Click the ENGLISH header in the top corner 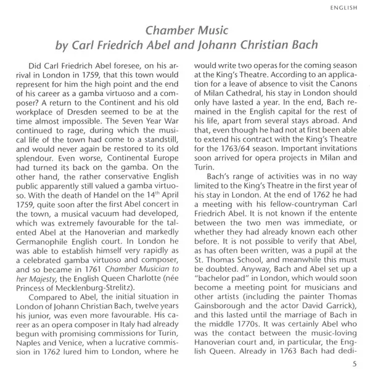coord(346,9)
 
